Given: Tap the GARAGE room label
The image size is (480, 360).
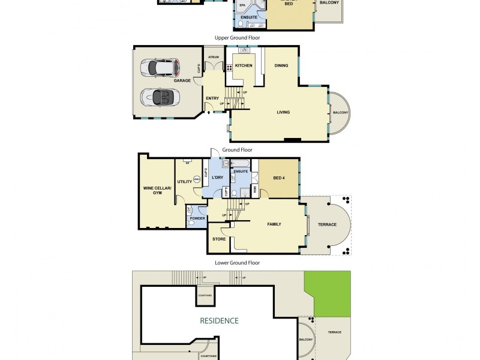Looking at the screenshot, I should [182, 80].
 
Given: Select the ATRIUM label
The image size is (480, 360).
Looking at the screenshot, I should [214, 58].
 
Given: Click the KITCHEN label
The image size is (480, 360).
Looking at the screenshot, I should [243, 65].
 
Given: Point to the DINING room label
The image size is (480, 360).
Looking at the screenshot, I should [281, 65].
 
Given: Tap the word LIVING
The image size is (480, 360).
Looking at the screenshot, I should [283, 112].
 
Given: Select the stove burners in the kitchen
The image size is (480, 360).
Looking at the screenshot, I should [229, 67].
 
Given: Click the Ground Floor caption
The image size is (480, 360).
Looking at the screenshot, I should [237, 150].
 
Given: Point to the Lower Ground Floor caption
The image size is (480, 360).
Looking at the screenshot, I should [237, 263].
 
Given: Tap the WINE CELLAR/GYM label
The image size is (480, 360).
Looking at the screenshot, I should [157, 190].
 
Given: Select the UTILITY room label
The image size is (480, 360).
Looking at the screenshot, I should [184, 181].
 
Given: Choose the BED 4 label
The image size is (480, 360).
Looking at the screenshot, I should [279, 178].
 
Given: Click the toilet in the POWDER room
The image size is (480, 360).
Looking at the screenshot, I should [191, 211].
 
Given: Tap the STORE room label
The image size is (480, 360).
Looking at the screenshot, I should [219, 240].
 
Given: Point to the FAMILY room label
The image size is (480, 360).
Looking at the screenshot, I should [274, 224].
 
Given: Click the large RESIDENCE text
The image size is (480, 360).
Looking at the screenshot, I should [219, 320].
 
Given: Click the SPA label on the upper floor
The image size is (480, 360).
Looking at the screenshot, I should [243, 5].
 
